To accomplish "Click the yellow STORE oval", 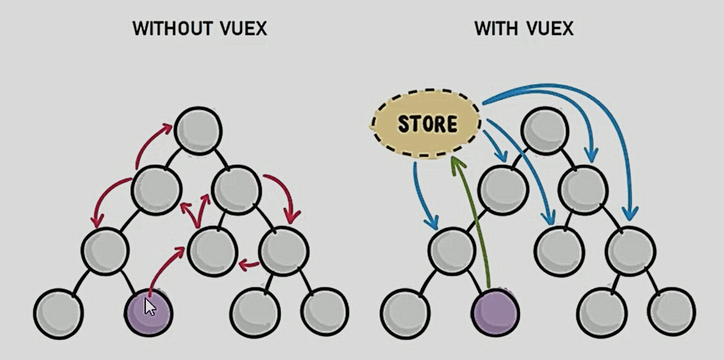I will (426, 123).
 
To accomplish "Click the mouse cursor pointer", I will (150, 306).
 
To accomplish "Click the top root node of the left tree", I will (199, 131).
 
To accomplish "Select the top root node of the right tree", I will (545, 131).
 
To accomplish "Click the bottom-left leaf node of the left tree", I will (59, 312).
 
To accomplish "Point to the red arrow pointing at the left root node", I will (154, 144).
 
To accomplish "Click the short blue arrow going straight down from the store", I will (422, 196).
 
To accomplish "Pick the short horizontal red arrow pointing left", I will (250, 263).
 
